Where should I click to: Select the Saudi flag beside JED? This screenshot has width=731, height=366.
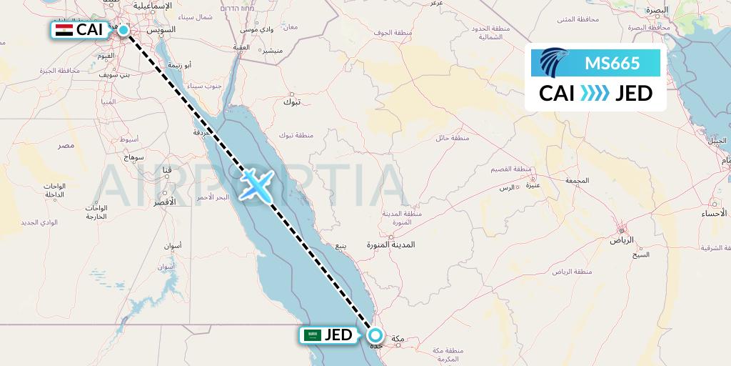click(x=311, y=335)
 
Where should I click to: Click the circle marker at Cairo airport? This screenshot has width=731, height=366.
click(x=123, y=30)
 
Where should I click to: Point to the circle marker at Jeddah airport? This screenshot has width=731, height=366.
click(x=375, y=335)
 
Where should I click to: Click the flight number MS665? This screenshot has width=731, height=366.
click(x=612, y=64)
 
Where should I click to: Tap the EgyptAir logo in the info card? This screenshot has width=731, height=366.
click(x=554, y=63)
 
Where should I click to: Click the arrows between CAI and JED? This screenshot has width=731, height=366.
click(x=595, y=94)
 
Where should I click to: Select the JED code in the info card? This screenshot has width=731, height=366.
click(x=633, y=94)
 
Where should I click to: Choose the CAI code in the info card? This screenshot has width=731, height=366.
click(x=557, y=94)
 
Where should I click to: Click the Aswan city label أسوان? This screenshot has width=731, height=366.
click(x=172, y=246)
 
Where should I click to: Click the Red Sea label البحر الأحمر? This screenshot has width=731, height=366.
click(x=211, y=197)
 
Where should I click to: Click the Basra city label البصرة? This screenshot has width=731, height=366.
click(x=656, y=10)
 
